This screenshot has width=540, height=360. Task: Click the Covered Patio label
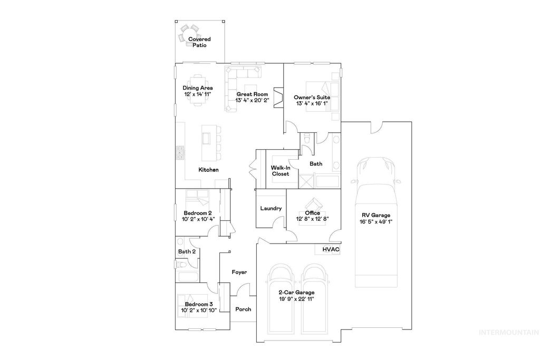[x=199, y=42]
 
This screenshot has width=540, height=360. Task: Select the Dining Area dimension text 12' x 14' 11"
[x=197, y=94]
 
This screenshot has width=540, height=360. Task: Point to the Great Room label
[x=249, y=94]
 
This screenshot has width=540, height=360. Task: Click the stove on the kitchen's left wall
[x=180, y=152]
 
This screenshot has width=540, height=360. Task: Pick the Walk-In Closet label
[x=280, y=170]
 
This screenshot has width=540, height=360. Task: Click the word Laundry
[x=271, y=208]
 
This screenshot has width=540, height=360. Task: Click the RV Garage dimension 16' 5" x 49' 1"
[x=375, y=222]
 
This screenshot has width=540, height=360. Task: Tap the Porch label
[x=243, y=309]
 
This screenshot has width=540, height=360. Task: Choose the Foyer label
[x=239, y=272]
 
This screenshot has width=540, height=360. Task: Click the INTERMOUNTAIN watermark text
[x=508, y=332]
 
